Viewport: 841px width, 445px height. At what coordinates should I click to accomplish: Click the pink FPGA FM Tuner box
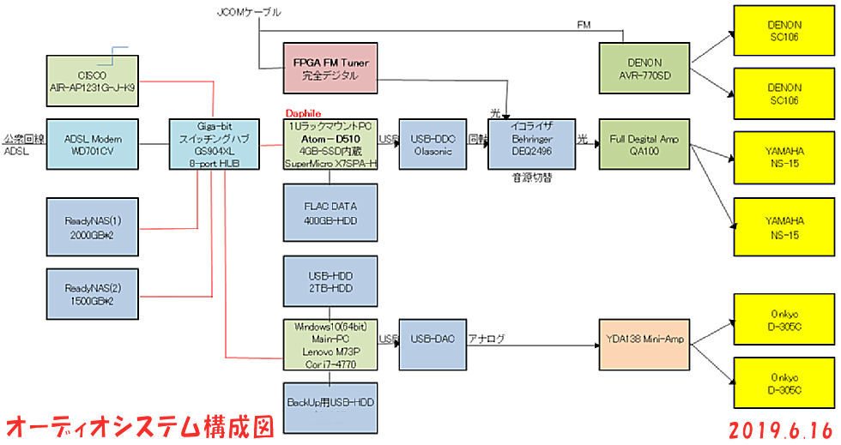pyautogui.click(x=330, y=69)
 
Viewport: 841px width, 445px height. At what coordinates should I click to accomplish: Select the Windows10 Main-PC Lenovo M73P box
pyautogui.click(x=330, y=344)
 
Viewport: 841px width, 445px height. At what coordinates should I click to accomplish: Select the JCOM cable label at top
pyautogui.click(x=250, y=12)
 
